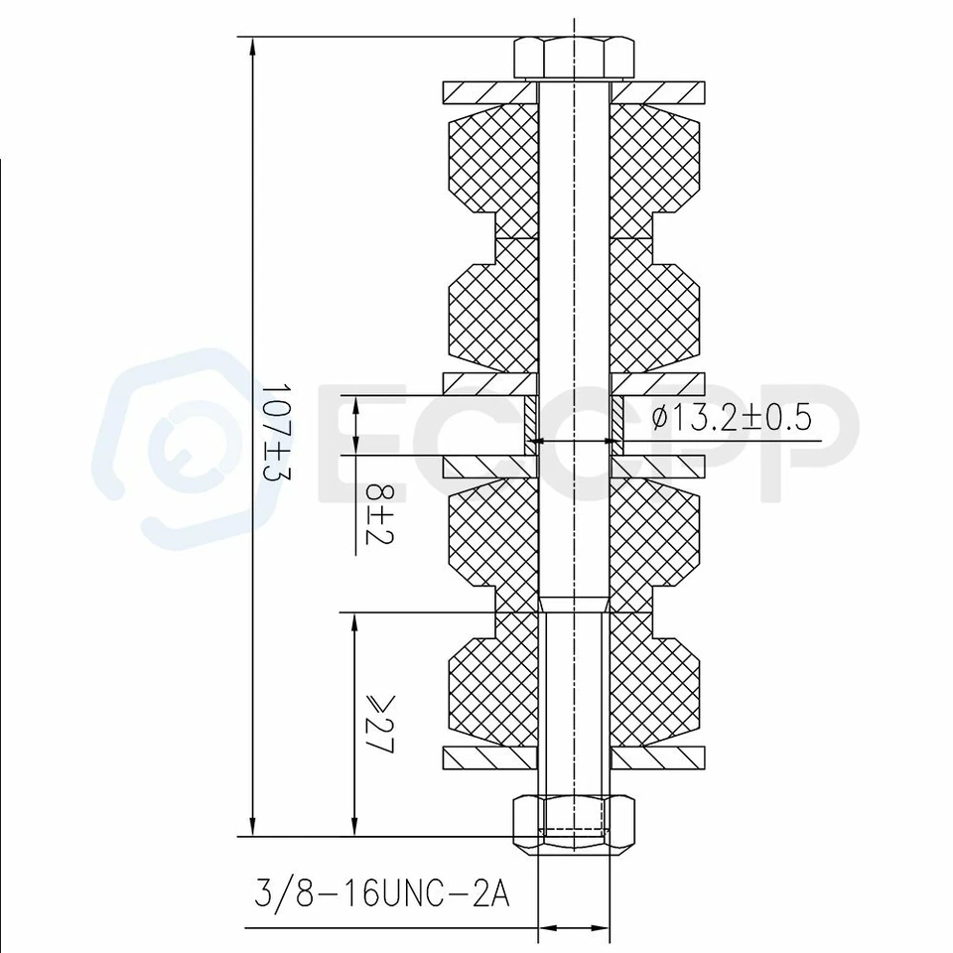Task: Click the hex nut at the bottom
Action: click(x=575, y=823)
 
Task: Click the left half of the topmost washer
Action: click(x=488, y=92)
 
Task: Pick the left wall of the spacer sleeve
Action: click(x=531, y=425)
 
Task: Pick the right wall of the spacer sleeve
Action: click(x=617, y=425)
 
